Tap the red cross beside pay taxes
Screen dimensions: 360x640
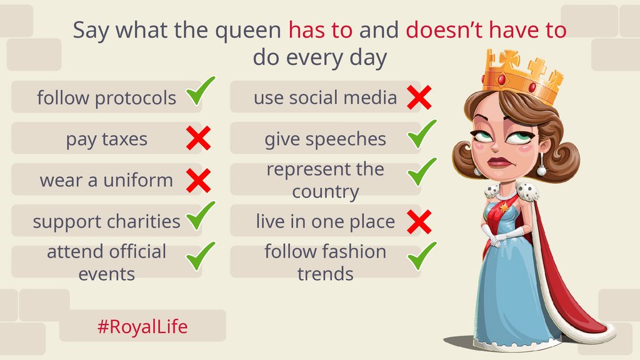click(198, 138)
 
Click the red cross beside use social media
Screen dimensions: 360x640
click(419, 97)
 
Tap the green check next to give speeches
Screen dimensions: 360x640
click(422, 133)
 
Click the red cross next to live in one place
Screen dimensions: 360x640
click(419, 221)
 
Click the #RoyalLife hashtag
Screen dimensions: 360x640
click(142, 326)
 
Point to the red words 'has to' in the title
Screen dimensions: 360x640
click(321, 30)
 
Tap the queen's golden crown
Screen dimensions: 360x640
click(522, 75)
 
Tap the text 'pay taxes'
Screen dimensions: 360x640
click(107, 139)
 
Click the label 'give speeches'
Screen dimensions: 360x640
click(325, 139)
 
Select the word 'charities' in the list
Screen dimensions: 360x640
click(142, 221)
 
